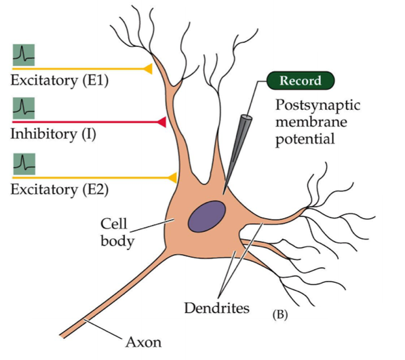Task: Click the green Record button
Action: pyautogui.click(x=301, y=81)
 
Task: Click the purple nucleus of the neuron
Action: pyautogui.click(x=207, y=216)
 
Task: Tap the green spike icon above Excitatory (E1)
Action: pyautogui.click(x=24, y=55)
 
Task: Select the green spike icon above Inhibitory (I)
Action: pyautogui.click(x=24, y=108)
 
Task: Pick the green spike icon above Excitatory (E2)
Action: pyautogui.click(x=24, y=164)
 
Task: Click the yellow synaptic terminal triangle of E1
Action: pyautogui.click(x=148, y=68)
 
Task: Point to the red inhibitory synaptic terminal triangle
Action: pyautogui.click(x=161, y=122)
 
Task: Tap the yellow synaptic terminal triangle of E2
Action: pyautogui.click(x=172, y=178)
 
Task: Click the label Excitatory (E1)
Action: pyautogui.click(x=60, y=81)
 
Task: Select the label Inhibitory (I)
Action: pyautogui.click(x=53, y=134)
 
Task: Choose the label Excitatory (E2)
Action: pyautogui.click(x=60, y=190)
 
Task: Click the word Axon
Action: pyautogui.click(x=143, y=342)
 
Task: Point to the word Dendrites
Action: pyautogui.click(x=216, y=308)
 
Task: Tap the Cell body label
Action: pyautogui.click(x=117, y=233)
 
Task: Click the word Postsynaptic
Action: pyautogui.click(x=317, y=106)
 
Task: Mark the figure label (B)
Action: pyautogui.click(x=280, y=315)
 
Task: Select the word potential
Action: pyautogui.click(x=305, y=140)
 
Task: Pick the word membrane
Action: pyautogui.click(x=311, y=122)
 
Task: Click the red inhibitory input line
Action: pyautogui.click(x=85, y=122)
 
